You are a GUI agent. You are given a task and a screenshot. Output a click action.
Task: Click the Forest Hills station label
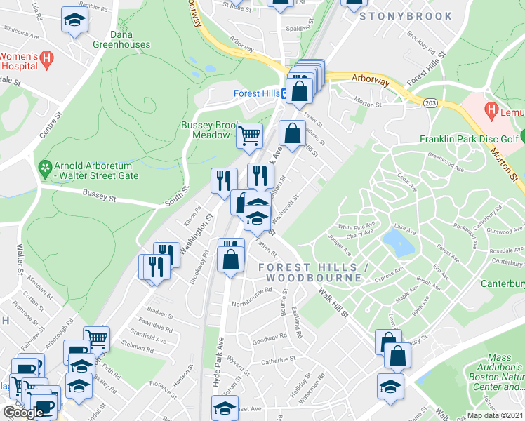click(x=256, y=93)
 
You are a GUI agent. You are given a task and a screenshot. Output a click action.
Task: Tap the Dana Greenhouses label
click(x=121, y=39)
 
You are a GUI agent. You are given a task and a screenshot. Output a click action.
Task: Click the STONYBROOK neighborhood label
click(x=406, y=15)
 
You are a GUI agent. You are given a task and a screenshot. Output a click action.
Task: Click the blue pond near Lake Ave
click(x=398, y=242)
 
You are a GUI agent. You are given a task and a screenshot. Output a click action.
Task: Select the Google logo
click(x=22, y=413)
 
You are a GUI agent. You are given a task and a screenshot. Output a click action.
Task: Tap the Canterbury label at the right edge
click(x=503, y=284)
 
